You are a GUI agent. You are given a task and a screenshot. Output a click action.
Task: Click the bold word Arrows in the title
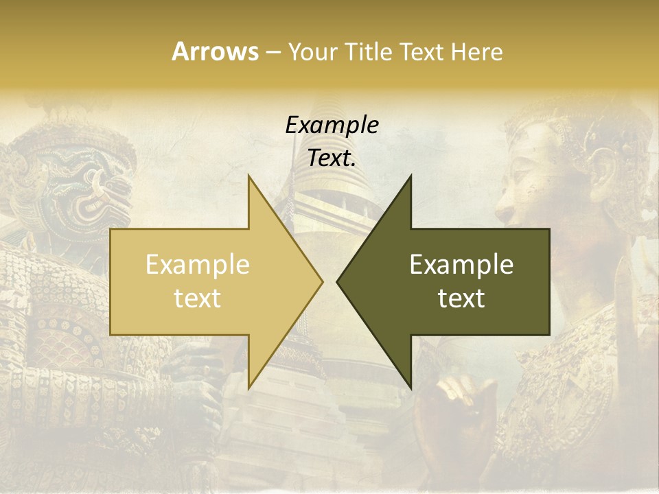[216, 51]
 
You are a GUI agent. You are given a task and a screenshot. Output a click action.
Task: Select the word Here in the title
[476, 51]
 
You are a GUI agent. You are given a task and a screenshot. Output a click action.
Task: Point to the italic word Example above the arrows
[332, 125]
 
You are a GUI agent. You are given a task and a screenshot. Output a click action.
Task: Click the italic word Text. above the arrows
[332, 158]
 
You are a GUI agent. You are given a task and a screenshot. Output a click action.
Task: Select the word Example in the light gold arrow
[198, 265]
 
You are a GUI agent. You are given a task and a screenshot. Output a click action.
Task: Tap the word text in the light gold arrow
[198, 298]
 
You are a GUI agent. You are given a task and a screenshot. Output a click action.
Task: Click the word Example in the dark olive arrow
[461, 265]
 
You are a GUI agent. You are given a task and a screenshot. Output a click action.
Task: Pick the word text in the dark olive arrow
[461, 298]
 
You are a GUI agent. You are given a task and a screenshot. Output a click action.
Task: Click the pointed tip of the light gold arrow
[322, 281]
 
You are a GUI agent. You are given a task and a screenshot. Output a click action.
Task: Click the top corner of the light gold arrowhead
[248, 176]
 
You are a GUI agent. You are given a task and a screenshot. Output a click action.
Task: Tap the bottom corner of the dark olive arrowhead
[411, 388]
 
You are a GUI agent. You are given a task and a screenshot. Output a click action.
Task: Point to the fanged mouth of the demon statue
[96, 196]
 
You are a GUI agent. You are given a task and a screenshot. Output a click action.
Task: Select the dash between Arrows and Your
[272, 53]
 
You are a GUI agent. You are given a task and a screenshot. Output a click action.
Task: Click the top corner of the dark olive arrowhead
[411, 176]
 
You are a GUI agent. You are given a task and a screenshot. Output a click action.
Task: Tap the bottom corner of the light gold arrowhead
[248, 388]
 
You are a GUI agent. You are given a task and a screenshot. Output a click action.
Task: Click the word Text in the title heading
[424, 51]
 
